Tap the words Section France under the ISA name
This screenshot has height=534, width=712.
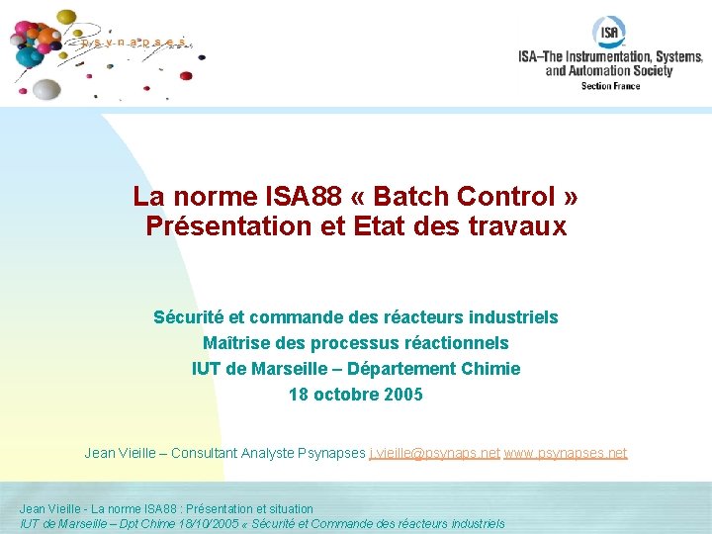pos(610,86)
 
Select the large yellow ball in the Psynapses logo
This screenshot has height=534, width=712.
pos(67,18)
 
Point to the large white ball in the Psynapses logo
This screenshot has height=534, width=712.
pos(45,88)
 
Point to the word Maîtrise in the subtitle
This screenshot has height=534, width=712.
pos(238,343)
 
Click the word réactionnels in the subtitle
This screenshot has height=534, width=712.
pos(459,343)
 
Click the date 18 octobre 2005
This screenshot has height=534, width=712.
pos(355,395)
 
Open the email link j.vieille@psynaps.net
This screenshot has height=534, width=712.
pos(434,453)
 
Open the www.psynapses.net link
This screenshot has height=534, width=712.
pos(566,453)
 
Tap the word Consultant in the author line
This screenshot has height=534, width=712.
pos(209,453)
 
